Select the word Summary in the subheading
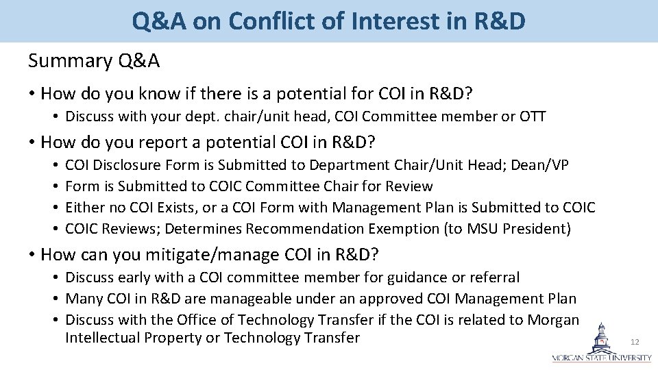[70, 61]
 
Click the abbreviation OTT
[533, 116]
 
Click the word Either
[86, 208]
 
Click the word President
[535, 229]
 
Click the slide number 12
[635, 342]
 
